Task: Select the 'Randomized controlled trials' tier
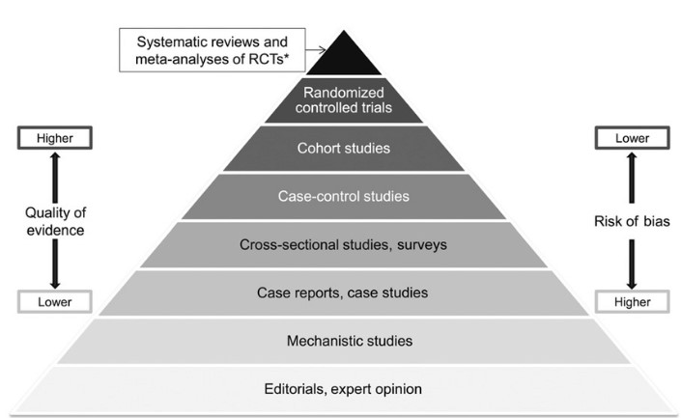click(x=344, y=98)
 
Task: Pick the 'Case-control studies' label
click(x=344, y=196)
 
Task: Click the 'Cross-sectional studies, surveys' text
click(x=344, y=243)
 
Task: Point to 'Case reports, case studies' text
click(x=344, y=292)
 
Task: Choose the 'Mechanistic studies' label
click(x=344, y=340)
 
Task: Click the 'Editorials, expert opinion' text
click(x=344, y=389)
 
